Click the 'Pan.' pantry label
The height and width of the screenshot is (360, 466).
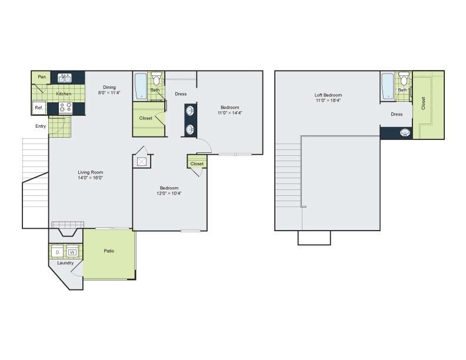(x=42, y=77)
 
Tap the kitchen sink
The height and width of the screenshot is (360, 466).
(x=64, y=76)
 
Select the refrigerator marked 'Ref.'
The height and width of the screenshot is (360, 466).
(x=39, y=108)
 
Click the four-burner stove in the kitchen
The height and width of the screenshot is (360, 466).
(x=65, y=108)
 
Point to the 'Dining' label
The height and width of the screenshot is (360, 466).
(x=109, y=87)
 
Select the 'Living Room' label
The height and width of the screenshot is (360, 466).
(x=90, y=172)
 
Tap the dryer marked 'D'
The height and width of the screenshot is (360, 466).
(x=57, y=252)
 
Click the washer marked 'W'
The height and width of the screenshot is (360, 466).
(x=72, y=252)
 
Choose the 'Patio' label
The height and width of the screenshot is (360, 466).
(x=109, y=251)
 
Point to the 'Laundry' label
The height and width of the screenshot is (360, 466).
(x=65, y=263)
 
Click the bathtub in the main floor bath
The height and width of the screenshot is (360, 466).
(x=141, y=86)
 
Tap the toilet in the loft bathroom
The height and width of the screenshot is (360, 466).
(x=404, y=79)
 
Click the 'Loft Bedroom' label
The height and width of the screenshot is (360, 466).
(x=328, y=95)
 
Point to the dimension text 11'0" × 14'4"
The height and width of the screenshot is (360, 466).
(x=229, y=113)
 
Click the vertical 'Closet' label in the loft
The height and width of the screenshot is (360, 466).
(x=423, y=103)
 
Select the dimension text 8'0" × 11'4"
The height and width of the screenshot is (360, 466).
(x=109, y=93)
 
